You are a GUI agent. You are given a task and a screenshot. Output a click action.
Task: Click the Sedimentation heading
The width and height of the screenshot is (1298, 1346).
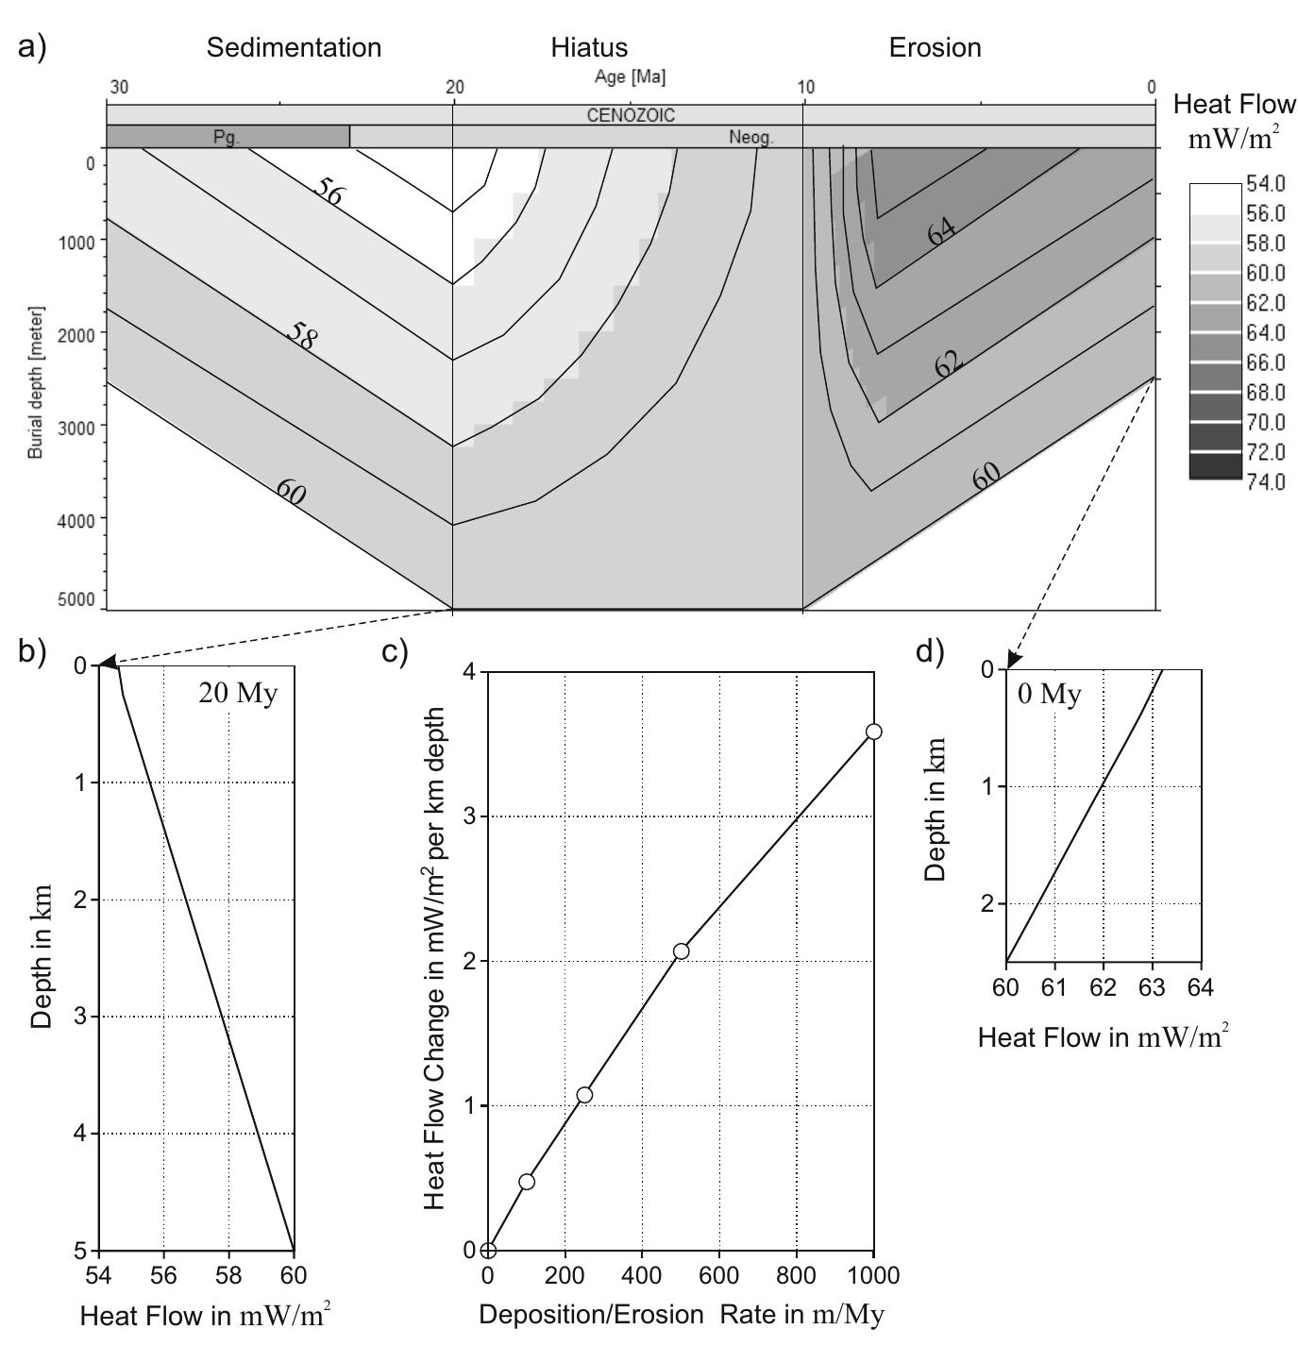[x=294, y=47]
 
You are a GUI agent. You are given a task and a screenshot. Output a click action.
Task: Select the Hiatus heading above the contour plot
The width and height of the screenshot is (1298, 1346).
[x=589, y=47]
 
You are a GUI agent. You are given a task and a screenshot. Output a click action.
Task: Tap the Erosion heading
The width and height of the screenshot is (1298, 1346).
[x=935, y=47]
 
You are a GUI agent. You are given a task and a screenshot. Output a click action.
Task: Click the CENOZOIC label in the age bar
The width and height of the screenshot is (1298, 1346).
[x=631, y=116]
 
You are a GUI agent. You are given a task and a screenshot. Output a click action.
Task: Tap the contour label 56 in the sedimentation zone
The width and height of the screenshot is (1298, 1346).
[x=329, y=192]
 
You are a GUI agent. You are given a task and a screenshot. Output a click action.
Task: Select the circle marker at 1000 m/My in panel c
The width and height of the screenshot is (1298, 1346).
[x=873, y=732]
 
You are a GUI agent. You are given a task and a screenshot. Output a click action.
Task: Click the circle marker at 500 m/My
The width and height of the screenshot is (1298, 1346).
[x=681, y=951]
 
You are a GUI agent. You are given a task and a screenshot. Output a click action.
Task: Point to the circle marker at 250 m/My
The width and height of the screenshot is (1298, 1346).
[x=584, y=1095]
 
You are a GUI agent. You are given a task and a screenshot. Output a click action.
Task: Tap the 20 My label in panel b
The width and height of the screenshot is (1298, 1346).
[x=238, y=694]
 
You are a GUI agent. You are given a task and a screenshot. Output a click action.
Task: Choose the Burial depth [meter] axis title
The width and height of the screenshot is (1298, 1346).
[x=36, y=381]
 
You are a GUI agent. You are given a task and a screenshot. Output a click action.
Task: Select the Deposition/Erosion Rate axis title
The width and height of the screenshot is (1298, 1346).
[x=682, y=1315]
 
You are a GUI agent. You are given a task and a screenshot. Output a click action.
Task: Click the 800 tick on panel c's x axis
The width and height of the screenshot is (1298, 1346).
[x=796, y=1276]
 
